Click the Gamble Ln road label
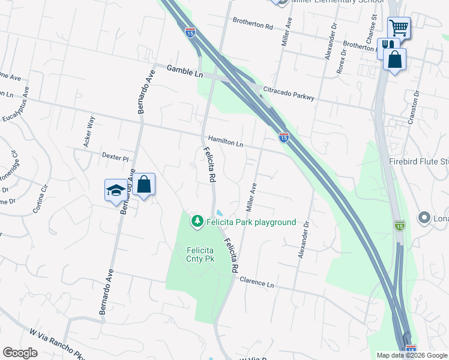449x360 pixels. click(185, 72)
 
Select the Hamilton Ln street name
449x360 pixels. click(226, 140)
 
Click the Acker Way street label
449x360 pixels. click(89, 131)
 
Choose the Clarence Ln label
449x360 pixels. click(256, 281)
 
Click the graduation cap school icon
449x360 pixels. click(115, 190)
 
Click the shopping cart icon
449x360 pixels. click(399, 28)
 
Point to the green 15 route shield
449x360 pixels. click(400, 225)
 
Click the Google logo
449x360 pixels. click(20, 353)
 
